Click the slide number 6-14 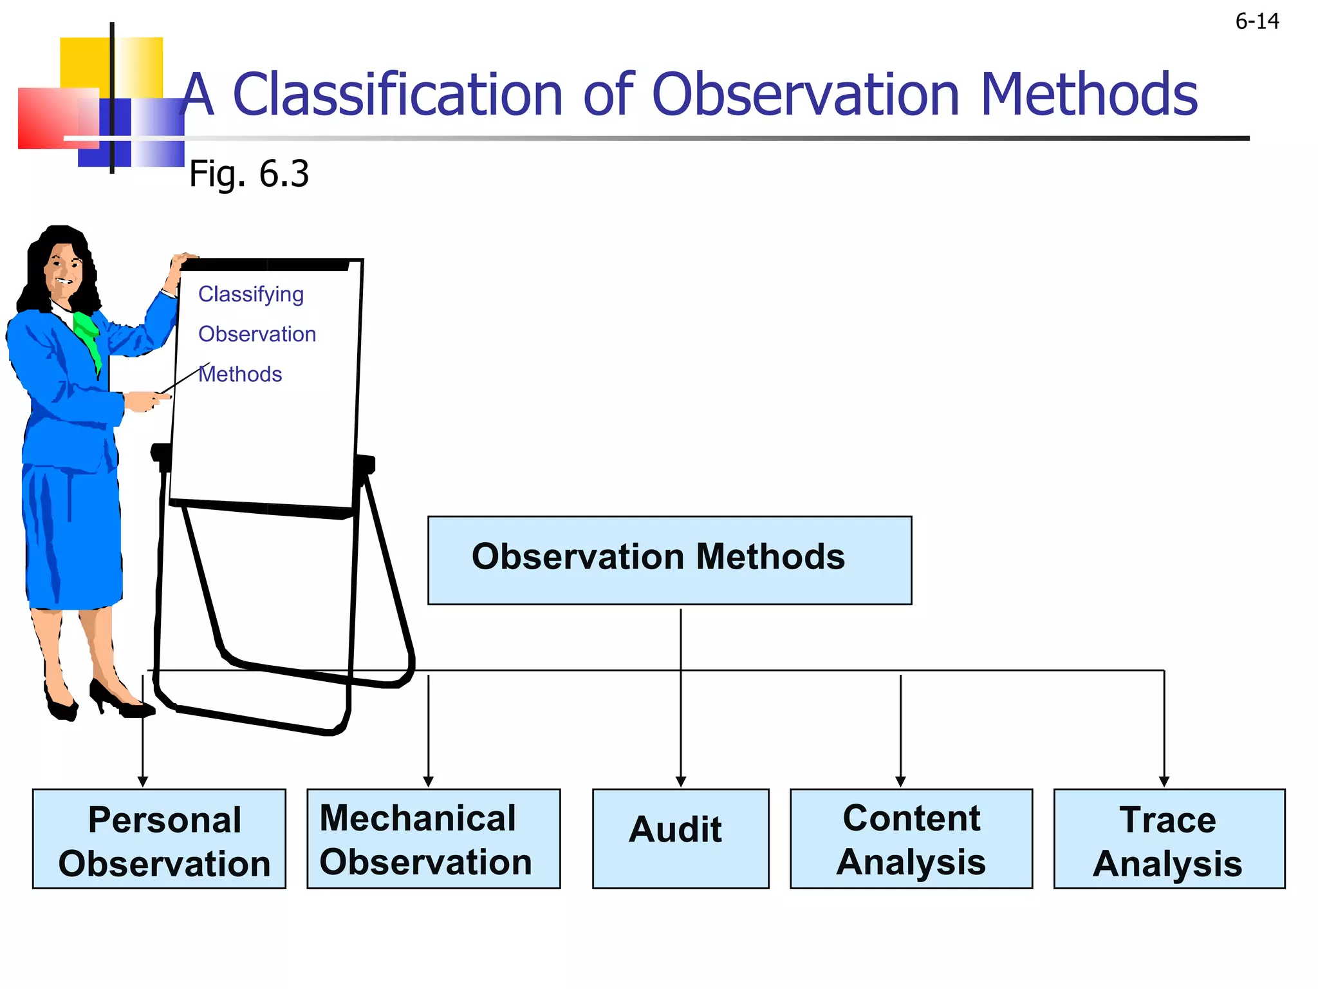1256,22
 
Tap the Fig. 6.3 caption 248,174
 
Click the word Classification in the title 397,95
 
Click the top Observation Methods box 669,559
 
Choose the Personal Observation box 159,839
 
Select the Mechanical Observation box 433,839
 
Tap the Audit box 680,839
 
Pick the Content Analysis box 911,839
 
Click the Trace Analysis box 1169,839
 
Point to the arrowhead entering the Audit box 681,782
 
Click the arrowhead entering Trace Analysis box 1164,782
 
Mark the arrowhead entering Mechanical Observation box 429,782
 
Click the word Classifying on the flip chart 251,294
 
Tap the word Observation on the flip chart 257,334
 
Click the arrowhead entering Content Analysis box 900,782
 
